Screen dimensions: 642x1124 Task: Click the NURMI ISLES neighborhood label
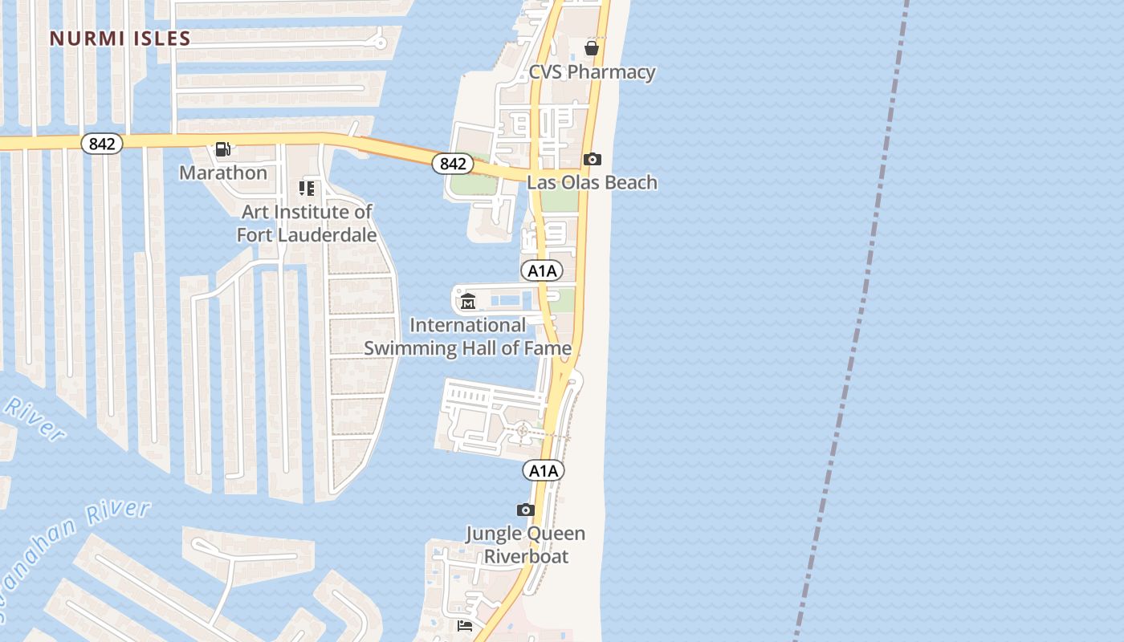pos(120,39)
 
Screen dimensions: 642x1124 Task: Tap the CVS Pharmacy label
pos(592,72)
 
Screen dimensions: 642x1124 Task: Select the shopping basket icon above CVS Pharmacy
pos(592,48)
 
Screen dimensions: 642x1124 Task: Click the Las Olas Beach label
pos(592,182)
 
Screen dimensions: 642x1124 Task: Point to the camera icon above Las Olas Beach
pos(592,159)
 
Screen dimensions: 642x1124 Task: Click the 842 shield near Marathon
pos(102,144)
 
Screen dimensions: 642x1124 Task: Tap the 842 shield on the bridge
pos(452,164)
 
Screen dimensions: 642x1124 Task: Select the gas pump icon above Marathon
pos(223,149)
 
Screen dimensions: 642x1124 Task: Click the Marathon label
pos(223,173)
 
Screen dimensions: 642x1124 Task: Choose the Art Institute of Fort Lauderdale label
pos(307,223)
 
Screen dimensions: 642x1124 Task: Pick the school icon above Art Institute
pos(306,189)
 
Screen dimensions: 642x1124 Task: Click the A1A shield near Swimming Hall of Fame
pos(542,270)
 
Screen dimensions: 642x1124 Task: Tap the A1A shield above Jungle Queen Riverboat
pos(544,470)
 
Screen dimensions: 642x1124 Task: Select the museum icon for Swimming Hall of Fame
pos(468,302)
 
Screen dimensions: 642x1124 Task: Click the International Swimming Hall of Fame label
pos(468,336)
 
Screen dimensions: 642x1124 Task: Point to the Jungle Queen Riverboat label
pos(526,545)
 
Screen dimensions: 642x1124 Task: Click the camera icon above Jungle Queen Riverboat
pos(525,510)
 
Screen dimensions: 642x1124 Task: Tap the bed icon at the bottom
pos(465,625)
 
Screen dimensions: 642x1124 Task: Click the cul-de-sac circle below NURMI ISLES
pos(381,43)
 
